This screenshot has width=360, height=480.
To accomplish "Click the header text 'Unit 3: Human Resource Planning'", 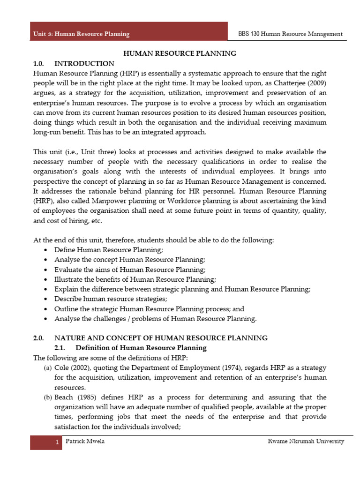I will coord(81,34).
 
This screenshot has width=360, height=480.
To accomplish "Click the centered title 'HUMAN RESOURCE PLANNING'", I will coord(180,53).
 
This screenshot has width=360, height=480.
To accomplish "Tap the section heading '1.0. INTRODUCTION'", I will coord(74,63).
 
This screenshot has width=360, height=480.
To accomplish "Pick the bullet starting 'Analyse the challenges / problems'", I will coord(156,319).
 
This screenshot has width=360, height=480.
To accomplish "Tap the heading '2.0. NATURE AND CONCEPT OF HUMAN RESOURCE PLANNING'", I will coord(150,337).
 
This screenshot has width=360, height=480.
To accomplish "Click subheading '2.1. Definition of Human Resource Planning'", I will coord(130,347).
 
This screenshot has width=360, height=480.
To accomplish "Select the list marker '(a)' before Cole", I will coord(48,367).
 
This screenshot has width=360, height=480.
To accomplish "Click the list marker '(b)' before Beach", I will coord(48,397).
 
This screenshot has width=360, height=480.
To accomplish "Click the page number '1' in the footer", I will coord(57,442).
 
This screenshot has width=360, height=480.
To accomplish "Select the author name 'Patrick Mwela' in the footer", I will coord(85,442).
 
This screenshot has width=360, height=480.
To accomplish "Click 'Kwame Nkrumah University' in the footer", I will coord(306,442).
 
